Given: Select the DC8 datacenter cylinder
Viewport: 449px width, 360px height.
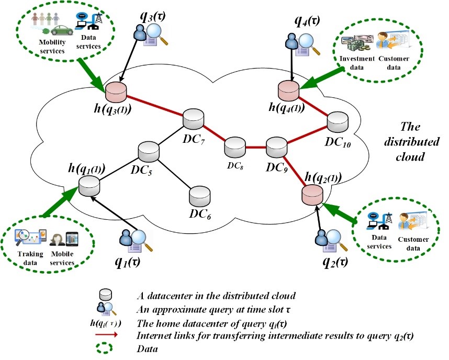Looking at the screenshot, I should [x=233, y=147].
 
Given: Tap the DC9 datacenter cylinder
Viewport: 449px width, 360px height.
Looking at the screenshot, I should [x=275, y=148].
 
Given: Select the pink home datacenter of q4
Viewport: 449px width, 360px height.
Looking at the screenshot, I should [x=288, y=89].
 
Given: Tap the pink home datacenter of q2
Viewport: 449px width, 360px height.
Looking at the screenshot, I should [x=312, y=194].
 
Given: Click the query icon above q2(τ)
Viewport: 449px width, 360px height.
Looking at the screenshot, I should [x=328, y=240].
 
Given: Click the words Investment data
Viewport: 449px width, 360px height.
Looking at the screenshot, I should [x=357, y=62].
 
